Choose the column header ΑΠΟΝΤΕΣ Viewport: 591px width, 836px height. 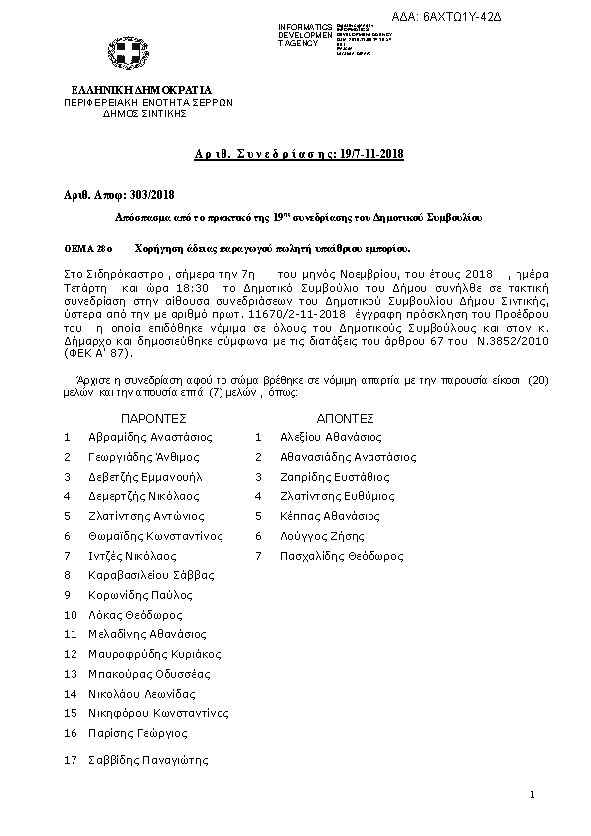pyautogui.click(x=345, y=419)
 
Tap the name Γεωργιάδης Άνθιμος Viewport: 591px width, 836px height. pyautogui.click(x=144, y=457)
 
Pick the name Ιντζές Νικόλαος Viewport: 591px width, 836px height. pyautogui.click(x=133, y=556)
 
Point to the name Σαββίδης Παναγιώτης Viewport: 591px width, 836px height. pyautogui.click(x=149, y=760)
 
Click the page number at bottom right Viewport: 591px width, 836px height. pyautogui.click(x=532, y=795)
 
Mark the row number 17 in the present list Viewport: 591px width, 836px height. pyautogui.click(x=70, y=760)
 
